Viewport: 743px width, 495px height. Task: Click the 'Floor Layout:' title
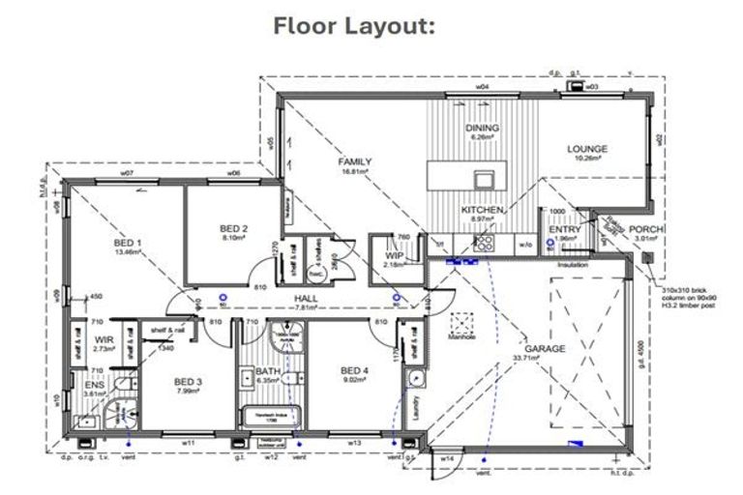tap(355, 25)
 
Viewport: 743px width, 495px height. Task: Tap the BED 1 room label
tap(128, 243)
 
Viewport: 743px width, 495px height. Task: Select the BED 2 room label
tap(233, 229)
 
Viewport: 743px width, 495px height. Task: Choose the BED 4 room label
tap(355, 370)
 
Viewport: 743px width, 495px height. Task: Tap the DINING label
tap(481, 128)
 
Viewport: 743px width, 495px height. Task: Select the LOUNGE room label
tap(587, 149)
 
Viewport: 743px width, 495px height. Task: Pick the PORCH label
tap(646, 229)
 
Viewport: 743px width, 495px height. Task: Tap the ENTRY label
tap(565, 229)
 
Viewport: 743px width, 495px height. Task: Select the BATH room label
tap(268, 371)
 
